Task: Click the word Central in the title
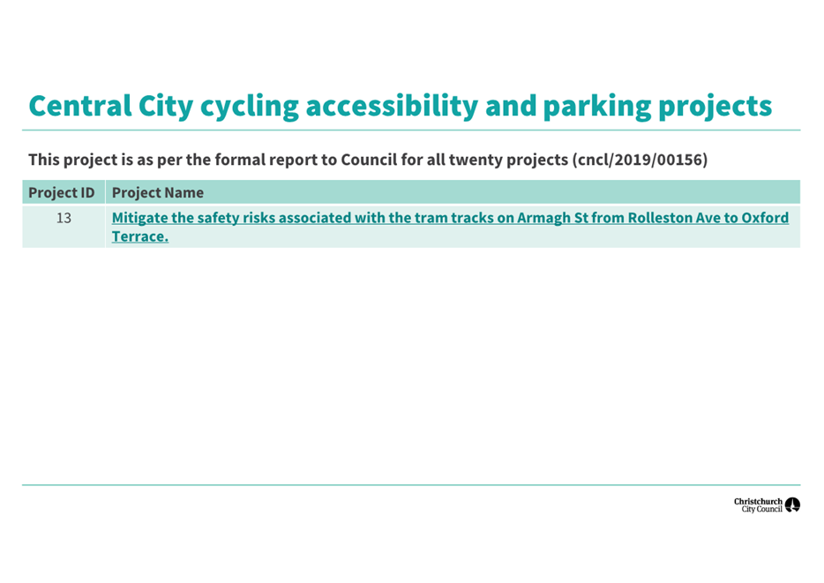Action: [x=80, y=106]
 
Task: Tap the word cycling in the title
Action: [x=250, y=108]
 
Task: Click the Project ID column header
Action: [x=62, y=193]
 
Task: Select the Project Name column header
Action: [x=158, y=193]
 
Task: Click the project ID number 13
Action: [x=64, y=218]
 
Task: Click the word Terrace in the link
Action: [x=139, y=237]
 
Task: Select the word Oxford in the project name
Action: [x=765, y=218]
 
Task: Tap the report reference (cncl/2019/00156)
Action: [x=640, y=160]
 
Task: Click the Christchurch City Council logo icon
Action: [x=792, y=505]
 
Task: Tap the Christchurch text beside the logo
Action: [x=758, y=502]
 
